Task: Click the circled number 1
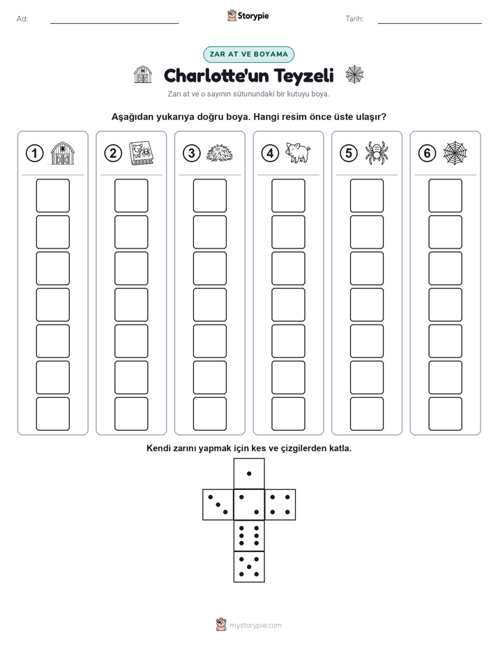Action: coord(34,154)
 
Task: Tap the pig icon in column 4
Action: coord(299,153)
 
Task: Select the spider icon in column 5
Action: coord(377,153)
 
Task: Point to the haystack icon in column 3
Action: coord(220,154)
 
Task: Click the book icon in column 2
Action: coord(141,154)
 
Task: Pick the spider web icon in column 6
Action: coord(455,153)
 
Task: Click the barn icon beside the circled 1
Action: coord(63,153)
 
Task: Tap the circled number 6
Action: coord(427,154)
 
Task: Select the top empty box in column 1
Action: coord(52,195)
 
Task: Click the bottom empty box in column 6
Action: coord(445,414)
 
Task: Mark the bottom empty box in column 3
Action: coord(209,414)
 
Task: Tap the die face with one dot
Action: coord(249,473)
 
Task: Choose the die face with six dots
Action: coord(249,535)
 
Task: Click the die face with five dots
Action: coord(249,566)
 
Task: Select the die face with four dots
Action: coord(280,505)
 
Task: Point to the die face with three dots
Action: coord(218,505)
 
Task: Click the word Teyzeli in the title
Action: coord(303,75)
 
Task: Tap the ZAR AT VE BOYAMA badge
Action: coord(248,54)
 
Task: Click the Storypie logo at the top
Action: coord(248,16)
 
